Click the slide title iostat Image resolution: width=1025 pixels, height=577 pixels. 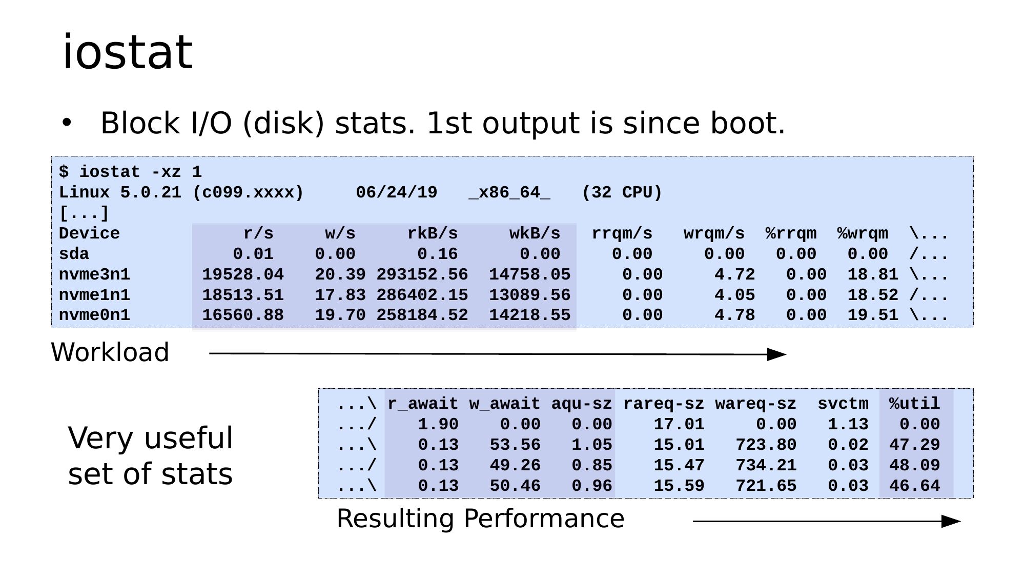click(127, 52)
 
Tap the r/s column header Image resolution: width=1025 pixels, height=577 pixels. click(258, 234)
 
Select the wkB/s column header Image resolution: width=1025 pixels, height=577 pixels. click(535, 234)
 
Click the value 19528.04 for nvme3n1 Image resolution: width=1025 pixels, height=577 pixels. click(243, 274)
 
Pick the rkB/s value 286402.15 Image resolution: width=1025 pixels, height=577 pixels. click(422, 295)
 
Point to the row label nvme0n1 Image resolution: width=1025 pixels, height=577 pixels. click(95, 315)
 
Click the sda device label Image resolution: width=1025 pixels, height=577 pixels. click(74, 254)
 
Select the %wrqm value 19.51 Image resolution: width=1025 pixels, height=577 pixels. click(873, 315)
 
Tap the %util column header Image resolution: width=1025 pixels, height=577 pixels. click(915, 404)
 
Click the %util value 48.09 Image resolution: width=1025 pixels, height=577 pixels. click(915, 465)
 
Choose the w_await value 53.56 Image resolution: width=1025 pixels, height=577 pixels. click(515, 445)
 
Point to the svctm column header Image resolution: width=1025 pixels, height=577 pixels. click(843, 404)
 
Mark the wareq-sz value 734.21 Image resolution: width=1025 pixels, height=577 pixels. click(766, 465)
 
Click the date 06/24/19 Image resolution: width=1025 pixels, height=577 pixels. click(397, 193)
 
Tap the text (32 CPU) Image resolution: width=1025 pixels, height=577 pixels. click(622, 193)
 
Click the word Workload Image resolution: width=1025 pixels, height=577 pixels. click(110, 352)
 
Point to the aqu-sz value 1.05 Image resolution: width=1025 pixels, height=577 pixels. click(592, 445)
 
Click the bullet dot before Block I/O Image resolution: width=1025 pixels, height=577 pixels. click(67, 123)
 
